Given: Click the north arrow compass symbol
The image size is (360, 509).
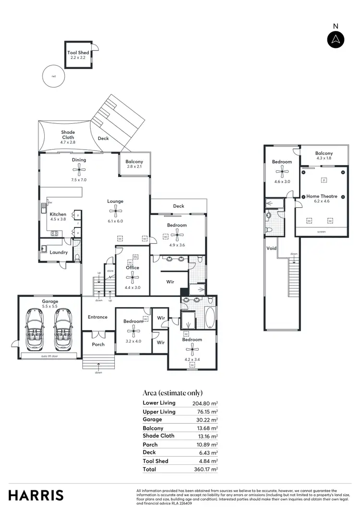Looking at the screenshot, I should click(336, 39).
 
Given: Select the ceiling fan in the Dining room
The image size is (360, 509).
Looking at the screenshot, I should click(79, 169).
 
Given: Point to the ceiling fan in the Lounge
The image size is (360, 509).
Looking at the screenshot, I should click(115, 210).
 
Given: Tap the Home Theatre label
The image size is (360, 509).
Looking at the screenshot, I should click(322, 196).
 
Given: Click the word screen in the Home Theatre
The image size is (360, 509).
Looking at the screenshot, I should click(322, 232).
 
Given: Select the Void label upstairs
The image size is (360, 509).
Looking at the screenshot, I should click(271, 249).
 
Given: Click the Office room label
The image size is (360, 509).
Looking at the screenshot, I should click(132, 268).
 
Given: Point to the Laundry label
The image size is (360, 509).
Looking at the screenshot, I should click(59, 252).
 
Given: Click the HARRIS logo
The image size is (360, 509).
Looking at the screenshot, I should click(36, 495).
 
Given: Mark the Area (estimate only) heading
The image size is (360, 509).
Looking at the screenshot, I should click(173, 392).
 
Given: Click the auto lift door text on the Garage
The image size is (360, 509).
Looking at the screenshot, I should click(49, 356).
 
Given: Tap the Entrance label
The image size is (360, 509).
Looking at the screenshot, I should click(97, 317).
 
